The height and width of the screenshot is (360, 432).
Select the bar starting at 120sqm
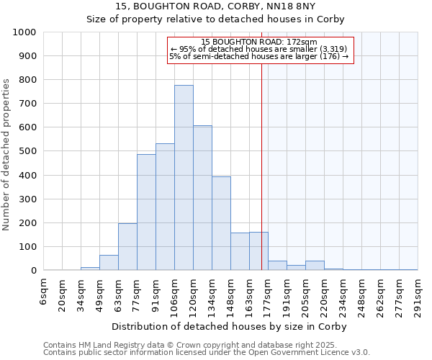coord(202,198)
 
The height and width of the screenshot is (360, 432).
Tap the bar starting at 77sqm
coord(146,212)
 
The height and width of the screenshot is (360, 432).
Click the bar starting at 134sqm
coord(221,223)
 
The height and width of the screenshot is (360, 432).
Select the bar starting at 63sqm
coord(127,247)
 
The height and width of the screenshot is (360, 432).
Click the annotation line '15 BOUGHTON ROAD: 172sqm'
coord(260,42)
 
